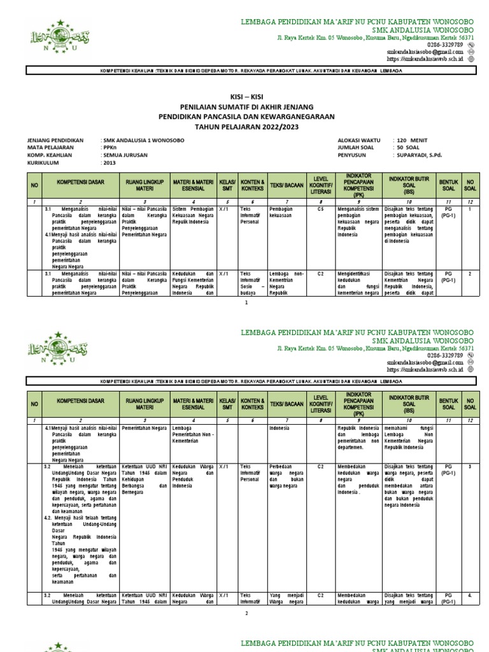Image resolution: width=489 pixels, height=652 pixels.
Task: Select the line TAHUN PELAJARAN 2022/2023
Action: (246, 127)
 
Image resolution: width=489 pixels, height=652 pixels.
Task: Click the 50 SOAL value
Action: (408, 146)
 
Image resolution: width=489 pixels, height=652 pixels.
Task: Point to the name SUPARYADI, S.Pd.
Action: (418, 155)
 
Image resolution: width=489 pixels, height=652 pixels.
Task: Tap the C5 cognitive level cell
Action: (320, 208)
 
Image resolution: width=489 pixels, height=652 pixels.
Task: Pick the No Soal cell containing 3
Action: (470, 467)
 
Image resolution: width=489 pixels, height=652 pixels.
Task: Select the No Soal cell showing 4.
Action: (470, 595)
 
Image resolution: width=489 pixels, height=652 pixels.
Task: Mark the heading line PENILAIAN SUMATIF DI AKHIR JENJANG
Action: (246, 106)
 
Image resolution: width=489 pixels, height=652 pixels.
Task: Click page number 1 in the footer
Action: (246, 303)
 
